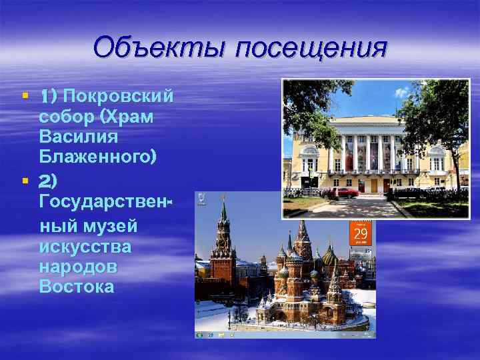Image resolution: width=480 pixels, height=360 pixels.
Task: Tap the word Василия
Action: click(x=79, y=137)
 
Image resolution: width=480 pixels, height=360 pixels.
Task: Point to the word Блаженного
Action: click(x=98, y=158)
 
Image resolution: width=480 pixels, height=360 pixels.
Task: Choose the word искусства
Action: click(x=85, y=247)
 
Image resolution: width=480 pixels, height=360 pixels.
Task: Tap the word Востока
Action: click(x=77, y=287)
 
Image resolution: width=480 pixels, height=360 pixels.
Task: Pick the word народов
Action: click(x=79, y=267)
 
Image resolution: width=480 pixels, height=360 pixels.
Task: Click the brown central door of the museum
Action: click(x=374, y=185)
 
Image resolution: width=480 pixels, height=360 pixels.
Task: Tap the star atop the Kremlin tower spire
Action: click(x=224, y=197)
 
